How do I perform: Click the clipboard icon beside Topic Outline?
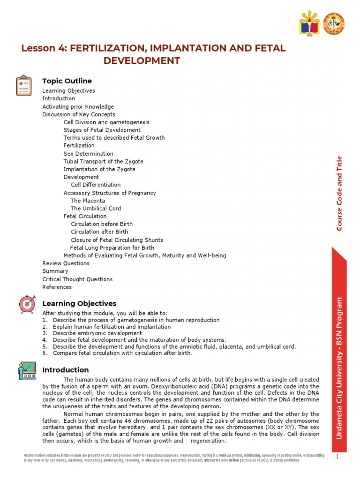(x=24, y=86)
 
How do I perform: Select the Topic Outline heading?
(x=67, y=81)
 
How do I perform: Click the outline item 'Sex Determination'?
(x=88, y=154)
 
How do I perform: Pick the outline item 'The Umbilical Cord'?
(x=96, y=209)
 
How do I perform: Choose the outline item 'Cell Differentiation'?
(x=96, y=185)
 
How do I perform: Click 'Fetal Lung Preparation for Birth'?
(x=112, y=247)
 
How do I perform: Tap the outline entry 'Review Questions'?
(x=66, y=263)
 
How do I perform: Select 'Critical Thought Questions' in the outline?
(x=77, y=279)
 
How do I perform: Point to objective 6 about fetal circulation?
(x=122, y=353)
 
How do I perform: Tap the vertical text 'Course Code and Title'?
(x=340, y=193)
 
